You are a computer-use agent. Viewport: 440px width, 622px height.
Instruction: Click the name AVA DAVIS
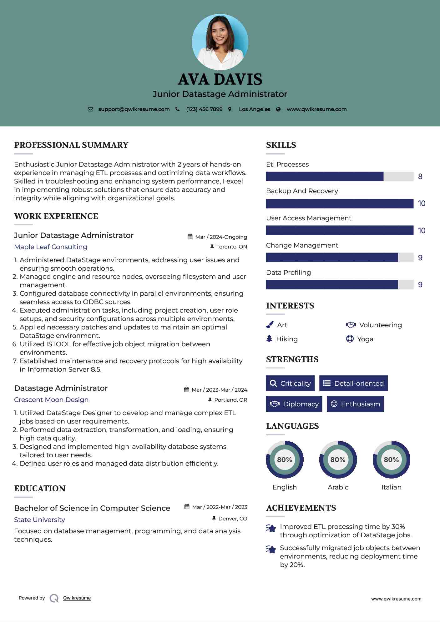(x=220, y=79)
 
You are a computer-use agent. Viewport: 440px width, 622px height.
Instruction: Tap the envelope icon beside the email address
(x=90, y=109)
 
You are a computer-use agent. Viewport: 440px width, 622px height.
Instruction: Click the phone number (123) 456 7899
(x=204, y=109)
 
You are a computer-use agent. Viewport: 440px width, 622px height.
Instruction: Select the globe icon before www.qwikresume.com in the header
(x=278, y=109)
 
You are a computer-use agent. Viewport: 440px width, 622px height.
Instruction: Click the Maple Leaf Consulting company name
(x=51, y=247)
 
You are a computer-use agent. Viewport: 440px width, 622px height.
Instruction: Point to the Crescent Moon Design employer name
(x=51, y=400)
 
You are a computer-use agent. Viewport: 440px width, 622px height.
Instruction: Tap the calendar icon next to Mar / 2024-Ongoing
(x=190, y=237)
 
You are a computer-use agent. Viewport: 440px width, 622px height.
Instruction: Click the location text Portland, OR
(x=230, y=400)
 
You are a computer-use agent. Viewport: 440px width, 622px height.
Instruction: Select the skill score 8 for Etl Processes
(x=420, y=177)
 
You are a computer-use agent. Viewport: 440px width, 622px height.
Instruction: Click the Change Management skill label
(x=302, y=245)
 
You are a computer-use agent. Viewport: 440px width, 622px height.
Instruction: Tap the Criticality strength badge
(x=290, y=383)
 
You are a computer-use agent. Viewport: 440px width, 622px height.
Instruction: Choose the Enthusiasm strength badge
(x=355, y=404)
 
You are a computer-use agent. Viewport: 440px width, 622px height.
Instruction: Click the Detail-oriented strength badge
(x=353, y=383)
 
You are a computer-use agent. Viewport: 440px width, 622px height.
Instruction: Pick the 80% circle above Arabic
(x=338, y=459)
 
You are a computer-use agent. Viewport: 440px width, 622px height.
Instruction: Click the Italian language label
(x=391, y=487)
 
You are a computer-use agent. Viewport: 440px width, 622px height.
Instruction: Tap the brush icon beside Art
(x=270, y=325)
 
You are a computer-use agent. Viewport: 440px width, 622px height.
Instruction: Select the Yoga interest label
(x=365, y=339)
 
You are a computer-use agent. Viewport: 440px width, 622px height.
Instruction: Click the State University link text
(x=39, y=519)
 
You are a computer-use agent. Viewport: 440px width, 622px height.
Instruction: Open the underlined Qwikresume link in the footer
(x=77, y=598)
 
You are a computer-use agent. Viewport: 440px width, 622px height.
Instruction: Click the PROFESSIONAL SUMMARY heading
(x=71, y=145)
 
